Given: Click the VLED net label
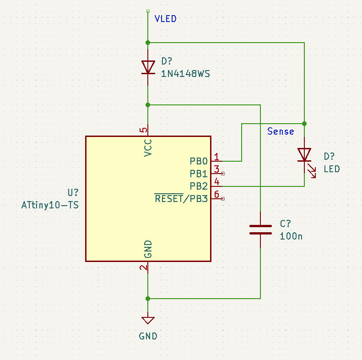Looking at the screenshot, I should [165, 19].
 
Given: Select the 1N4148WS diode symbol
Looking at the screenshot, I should [148, 67].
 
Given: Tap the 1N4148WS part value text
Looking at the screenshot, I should [185, 73].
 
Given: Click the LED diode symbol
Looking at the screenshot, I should [304, 155].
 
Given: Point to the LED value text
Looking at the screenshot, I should [332, 169].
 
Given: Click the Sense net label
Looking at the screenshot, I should [281, 131].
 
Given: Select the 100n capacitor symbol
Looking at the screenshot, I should [260, 229].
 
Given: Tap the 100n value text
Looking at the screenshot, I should [291, 236].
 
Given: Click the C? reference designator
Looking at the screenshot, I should [286, 224].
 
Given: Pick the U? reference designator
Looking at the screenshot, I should [73, 193].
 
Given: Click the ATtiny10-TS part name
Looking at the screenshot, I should [50, 205].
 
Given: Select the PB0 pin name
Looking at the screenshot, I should [199, 161].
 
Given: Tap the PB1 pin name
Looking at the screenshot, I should [199, 174].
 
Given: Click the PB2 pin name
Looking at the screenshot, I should [199, 186].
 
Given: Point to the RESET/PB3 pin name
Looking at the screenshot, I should [181, 199].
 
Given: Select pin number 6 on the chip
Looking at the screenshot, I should [217, 194].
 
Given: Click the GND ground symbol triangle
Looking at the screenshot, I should [148, 320].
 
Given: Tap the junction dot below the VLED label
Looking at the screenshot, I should [148, 42].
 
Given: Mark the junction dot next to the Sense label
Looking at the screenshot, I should [304, 124].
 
